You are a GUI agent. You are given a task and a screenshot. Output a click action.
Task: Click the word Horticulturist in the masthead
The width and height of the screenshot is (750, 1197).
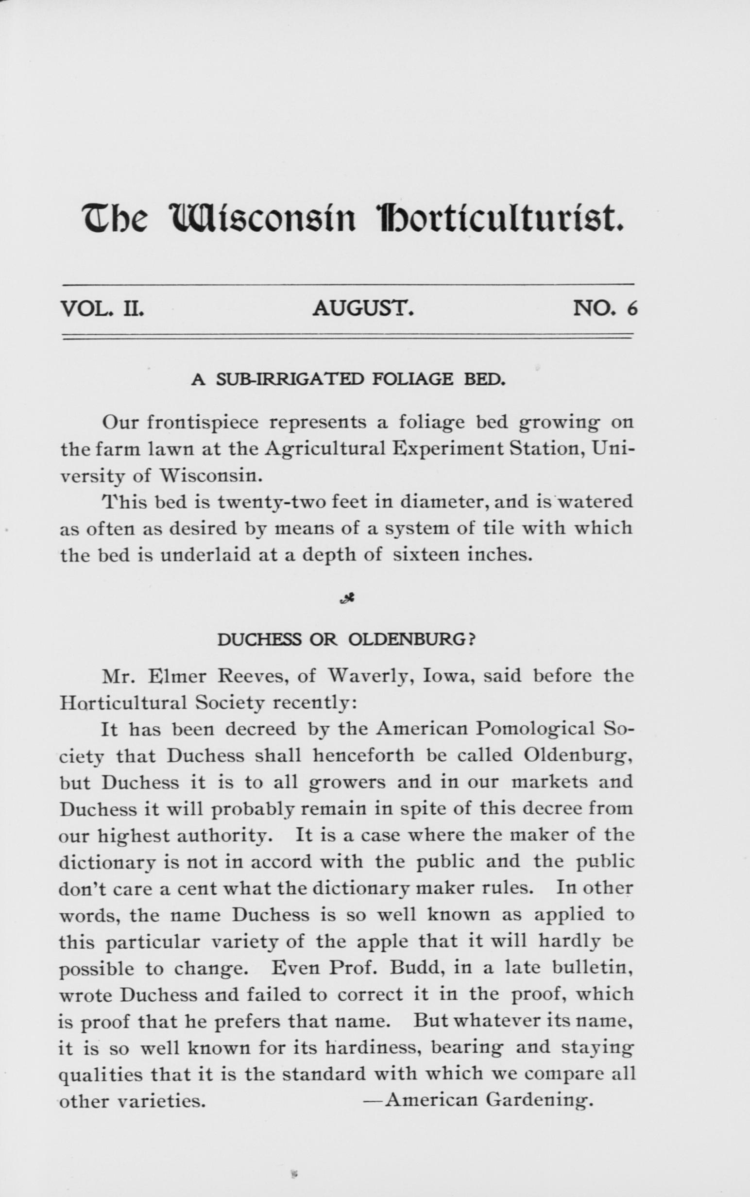[x=498, y=219]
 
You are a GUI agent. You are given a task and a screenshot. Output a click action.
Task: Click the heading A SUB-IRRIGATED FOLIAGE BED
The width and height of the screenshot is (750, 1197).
[x=348, y=380]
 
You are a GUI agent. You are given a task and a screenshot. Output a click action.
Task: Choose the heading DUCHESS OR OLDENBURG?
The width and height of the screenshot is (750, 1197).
[x=347, y=640]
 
